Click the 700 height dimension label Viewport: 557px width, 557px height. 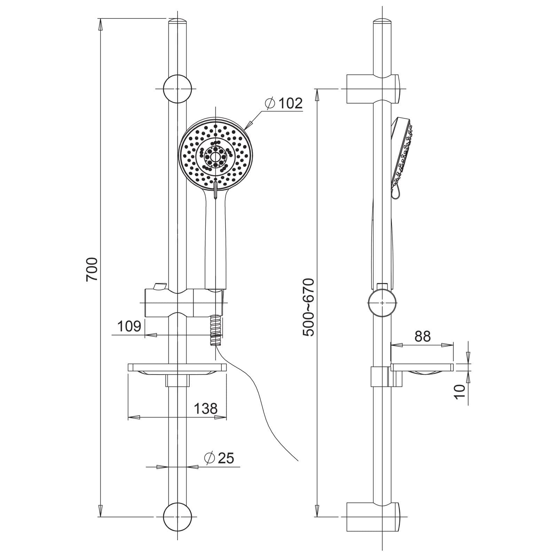[x=92, y=269]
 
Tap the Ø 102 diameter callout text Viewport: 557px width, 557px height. [x=283, y=103]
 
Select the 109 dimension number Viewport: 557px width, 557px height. [x=129, y=326]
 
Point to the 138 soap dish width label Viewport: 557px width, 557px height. [x=206, y=408]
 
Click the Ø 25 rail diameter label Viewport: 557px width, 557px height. [x=220, y=458]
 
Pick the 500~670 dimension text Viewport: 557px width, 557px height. [x=308, y=307]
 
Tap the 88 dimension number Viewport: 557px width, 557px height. [x=423, y=336]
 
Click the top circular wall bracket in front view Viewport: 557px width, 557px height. [x=178, y=89]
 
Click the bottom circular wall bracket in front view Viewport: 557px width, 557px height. [x=178, y=517]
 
